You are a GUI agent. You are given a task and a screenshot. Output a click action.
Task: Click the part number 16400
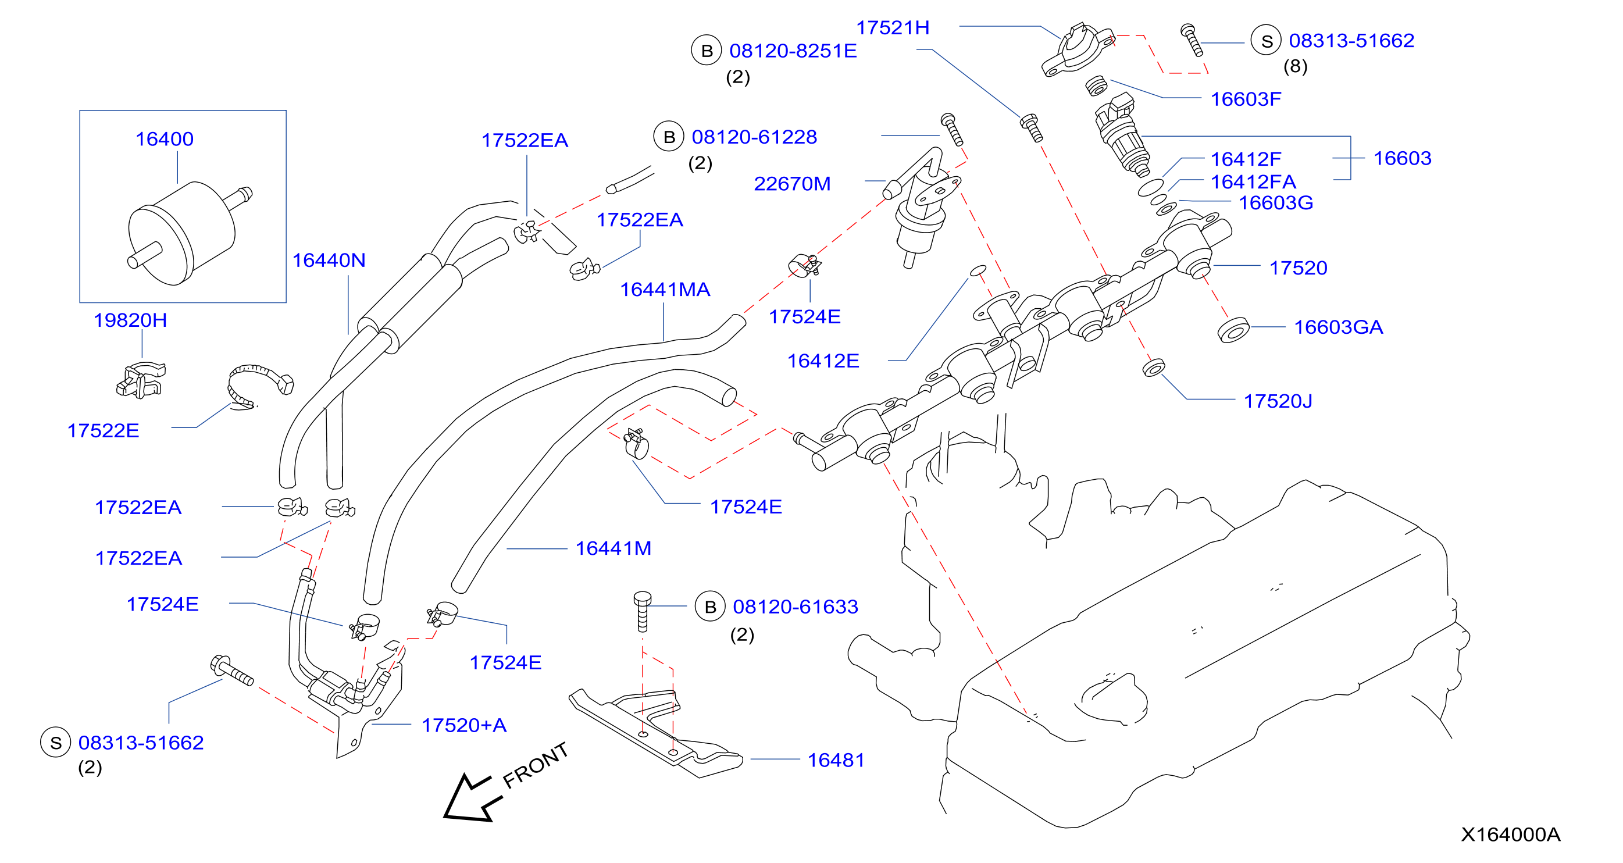[x=165, y=139]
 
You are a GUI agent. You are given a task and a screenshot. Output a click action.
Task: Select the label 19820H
[x=130, y=320]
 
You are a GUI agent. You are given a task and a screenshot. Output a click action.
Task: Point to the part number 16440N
[x=329, y=260]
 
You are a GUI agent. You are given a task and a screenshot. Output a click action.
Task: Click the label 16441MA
[x=665, y=290]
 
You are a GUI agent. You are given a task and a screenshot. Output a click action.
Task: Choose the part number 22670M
[x=793, y=184]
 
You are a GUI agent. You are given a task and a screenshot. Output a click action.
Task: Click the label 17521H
[x=893, y=28]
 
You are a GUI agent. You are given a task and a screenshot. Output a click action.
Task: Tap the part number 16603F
[x=1246, y=99]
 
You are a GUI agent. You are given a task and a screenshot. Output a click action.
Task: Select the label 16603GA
[x=1339, y=327]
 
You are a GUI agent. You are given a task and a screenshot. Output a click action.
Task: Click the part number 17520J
[x=1278, y=401]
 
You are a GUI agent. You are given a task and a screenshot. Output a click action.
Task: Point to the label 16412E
[x=823, y=361]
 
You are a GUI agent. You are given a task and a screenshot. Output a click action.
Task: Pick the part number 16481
[x=836, y=760]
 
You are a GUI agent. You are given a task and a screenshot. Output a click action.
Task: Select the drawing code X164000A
[x=1511, y=835]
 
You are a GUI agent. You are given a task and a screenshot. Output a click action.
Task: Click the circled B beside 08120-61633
[x=710, y=607]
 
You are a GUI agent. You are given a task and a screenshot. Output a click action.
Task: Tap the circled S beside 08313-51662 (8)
[x=1267, y=41]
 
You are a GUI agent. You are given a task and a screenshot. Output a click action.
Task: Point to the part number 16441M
[x=613, y=548]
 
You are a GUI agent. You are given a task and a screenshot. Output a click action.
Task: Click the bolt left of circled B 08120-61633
[x=642, y=611]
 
